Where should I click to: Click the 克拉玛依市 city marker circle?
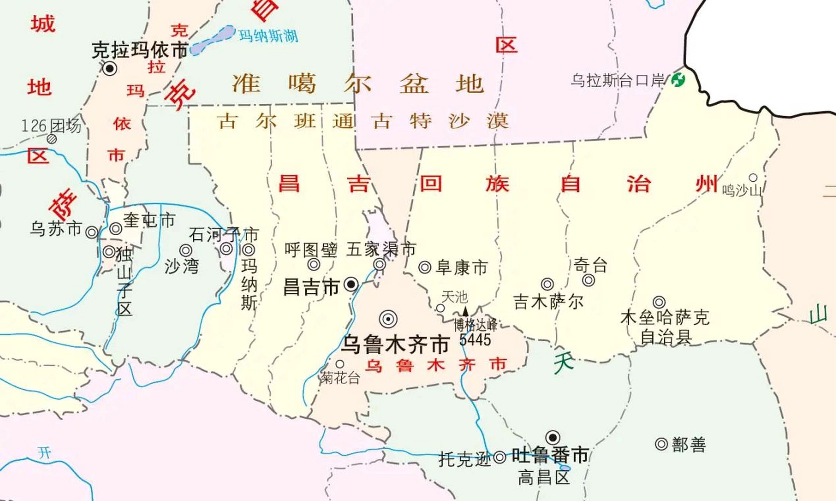click(x=110, y=68)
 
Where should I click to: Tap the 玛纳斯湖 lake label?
click(x=268, y=36)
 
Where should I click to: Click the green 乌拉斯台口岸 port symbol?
click(x=678, y=80)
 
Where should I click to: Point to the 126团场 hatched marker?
click(x=52, y=139)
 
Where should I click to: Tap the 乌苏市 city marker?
click(x=92, y=232)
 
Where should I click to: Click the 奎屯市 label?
click(x=149, y=220)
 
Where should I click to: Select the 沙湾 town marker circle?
click(x=186, y=250)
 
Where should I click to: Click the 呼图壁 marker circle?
click(x=313, y=265)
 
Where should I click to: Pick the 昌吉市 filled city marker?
click(x=351, y=284)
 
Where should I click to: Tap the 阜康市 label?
click(x=461, y=268)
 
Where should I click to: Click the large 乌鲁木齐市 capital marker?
click(x=388, y=319)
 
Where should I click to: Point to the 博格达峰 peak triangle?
click(x=465, y=312)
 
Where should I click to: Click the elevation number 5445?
click(x=475, y=340)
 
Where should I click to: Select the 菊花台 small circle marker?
click(x=340, y=364)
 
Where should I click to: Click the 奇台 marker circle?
click(x=588, y=280)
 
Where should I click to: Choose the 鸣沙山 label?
click(x=742, y=191)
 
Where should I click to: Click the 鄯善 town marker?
click(x=661, y=444)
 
